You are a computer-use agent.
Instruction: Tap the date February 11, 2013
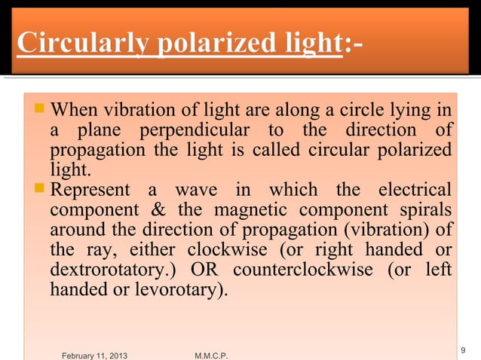(94, 354)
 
